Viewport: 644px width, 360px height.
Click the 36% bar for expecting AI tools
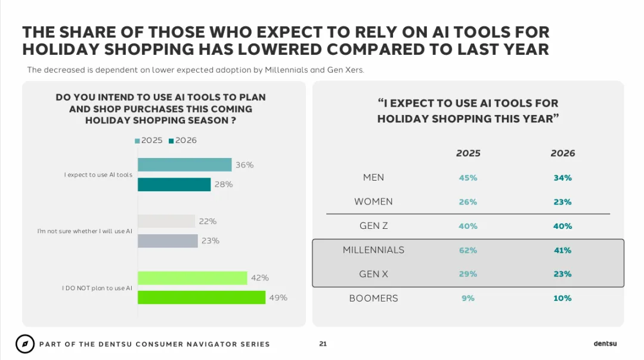click(x=184, y=165)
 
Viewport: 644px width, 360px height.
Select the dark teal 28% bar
click(x=174, y=184)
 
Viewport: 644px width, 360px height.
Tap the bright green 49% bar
click(x=202, y=297)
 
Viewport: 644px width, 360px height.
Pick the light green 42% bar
click(x=192, y=278)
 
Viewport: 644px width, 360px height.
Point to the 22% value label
click(x=208, y=221)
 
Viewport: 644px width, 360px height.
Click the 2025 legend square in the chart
click(x=137, y=141)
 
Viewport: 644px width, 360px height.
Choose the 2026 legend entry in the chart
click(x=183, y=141)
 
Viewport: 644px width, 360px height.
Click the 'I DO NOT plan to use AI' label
click(x=97, y=288)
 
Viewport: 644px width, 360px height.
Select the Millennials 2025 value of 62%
click(x=468, y=250)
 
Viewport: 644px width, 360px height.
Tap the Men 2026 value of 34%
click(x=563, y=178)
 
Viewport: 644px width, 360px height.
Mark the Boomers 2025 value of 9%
click(x=468, y=298)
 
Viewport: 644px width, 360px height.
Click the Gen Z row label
click(x=373, y=226)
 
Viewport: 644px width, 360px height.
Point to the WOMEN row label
click(x=373, y=201)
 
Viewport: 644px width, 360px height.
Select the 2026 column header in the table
click(x=563, y=153)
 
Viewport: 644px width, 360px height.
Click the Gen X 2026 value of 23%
click(x=563, y=274)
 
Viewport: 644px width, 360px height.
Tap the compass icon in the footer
click(x=25, y=344)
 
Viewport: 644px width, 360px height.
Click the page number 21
click(x=323, y=344)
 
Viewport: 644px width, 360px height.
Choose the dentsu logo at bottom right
click(x=605, y=343)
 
